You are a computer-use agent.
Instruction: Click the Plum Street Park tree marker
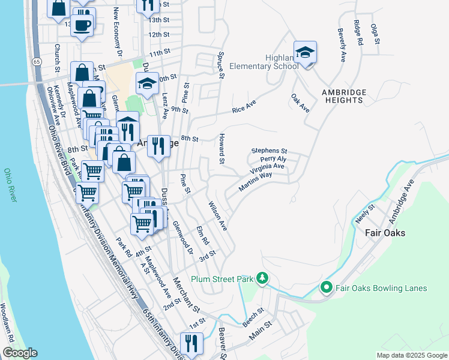pyautogui.click(x=262, y=278)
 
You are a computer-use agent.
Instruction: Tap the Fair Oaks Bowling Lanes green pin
pyautogui.click(x=327, y=288)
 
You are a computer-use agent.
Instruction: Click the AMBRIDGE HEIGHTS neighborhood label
pyautogui.click(x=344, y=97)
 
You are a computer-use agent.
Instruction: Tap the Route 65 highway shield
pyautogui.click(x=37, y=62)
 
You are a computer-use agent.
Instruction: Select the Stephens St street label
pyautogui.click(x=270, y=151)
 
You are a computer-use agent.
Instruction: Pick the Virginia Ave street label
pyautogui.click(x=268, y=167)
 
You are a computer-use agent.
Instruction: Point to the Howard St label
pyautogui.click(x=221, y=149)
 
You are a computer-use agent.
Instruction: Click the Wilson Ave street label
pyautogui.click(x=217, y=216)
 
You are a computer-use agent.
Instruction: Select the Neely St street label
pyautogui.click(x=364, y=214)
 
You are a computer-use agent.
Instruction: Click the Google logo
pyautogui.click(x=20, y=353)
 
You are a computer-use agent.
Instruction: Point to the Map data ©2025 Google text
pyautogui.click(x=412, y=355)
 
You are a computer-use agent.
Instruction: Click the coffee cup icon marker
pyautogui.click(x=83, y=25)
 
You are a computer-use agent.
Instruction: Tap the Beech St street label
pyautogui.click(x=253, y=318)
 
